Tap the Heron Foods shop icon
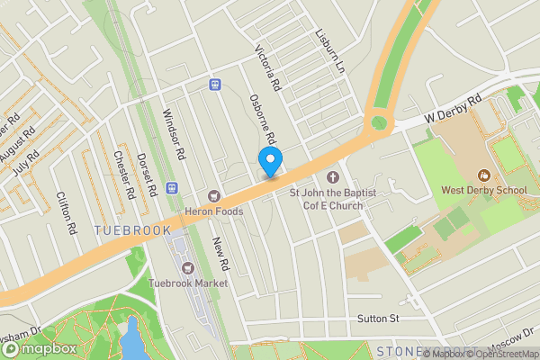tap(214, 195)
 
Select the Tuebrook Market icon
tap(188, 267)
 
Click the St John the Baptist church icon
tap(333, 176)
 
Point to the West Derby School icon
tap(483, 175)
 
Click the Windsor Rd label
tap(173, 134)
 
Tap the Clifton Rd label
tap(67, 213)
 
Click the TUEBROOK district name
tap(131, 231)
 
